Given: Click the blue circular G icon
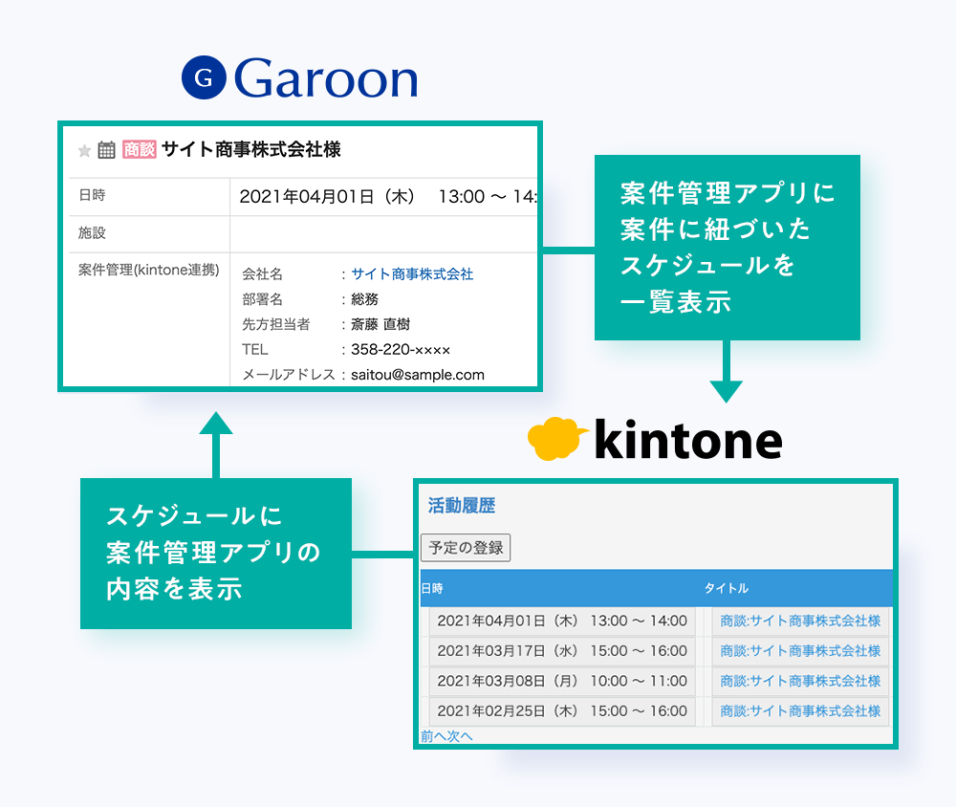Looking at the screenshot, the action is [x=204, y=77].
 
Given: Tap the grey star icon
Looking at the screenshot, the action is [x=85, y=151].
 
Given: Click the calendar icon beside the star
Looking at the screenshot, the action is [x=107, y=149].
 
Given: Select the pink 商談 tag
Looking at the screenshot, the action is [x=139, y=149].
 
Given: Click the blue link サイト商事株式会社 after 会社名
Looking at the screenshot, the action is [x=412, y=273].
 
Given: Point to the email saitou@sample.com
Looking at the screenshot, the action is [x=418, y=375].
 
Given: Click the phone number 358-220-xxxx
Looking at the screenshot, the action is [x=401, y=350].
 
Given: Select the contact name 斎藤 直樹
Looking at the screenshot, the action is [x=380, y=324].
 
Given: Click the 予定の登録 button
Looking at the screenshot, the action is [x=466, y=547].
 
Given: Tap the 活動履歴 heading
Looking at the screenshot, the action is [x=462, y=506].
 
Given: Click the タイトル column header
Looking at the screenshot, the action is [x=727, y=588].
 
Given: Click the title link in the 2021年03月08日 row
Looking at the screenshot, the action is [x=800, y=681].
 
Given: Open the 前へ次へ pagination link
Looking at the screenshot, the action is [x=446, y=736].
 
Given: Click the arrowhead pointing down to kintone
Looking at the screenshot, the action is [x=727, y=392].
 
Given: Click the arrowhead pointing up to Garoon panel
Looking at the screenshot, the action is [x=216, y=423].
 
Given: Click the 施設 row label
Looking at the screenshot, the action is [x=92, y=232].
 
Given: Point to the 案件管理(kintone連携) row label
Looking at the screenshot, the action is [x=149, y=270].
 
